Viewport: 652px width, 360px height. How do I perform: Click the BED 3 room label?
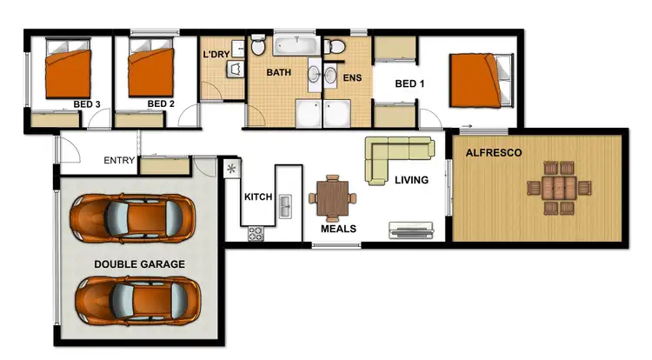[86, 104]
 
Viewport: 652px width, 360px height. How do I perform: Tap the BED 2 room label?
[161, 104]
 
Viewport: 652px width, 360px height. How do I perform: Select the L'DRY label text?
[216, 55]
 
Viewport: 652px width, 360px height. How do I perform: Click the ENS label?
[352, 77]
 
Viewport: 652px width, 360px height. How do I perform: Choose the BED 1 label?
[409, 84]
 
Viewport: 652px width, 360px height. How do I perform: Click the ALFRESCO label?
[494, 152]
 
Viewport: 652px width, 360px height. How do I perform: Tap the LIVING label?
[411, 181]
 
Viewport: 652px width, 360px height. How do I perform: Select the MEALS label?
[338, 229]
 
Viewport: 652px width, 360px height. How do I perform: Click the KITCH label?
[258, 197]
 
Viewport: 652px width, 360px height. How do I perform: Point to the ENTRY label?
[118, 160]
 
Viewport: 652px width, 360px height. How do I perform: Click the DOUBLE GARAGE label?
[139, 263]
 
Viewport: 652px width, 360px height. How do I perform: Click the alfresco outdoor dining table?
[555, 187]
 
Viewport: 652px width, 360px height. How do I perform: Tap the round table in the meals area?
[334, 197]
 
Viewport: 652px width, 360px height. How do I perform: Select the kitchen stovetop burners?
[256, 233]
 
